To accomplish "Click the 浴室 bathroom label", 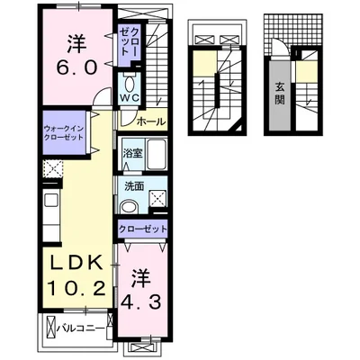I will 133,153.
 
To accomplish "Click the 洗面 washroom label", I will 132,186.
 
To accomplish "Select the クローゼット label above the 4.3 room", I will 143,229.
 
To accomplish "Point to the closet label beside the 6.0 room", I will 127,40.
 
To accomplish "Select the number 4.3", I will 139,303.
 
